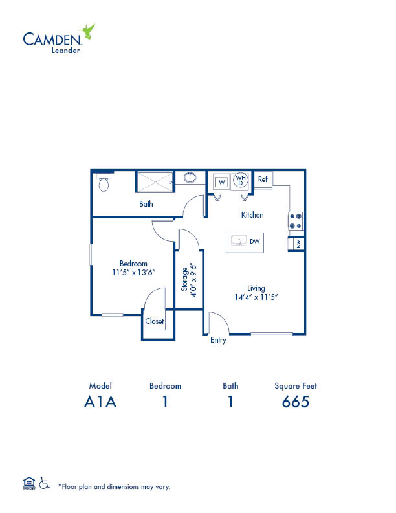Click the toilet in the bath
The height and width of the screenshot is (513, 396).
tap(104, 183)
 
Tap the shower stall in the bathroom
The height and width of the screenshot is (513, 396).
tap(155, 182)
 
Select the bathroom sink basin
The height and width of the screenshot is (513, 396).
tap(190, 177)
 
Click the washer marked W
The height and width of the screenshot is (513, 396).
tap(222, 182)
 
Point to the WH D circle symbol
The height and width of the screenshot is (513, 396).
tap(241, 180)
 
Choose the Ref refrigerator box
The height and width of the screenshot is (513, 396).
tap(263, 179)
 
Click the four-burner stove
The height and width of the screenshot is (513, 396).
tap(296, 221)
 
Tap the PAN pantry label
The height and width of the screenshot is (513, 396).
tap(298, 244)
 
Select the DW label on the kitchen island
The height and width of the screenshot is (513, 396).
tap(255, 242)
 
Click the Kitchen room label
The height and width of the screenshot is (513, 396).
tap(252, 215)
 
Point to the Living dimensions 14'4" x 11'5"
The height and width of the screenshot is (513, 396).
tap(256, 297)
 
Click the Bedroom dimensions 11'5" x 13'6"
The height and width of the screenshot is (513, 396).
tap(133, 273)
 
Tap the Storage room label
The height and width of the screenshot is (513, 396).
tap(184, 279)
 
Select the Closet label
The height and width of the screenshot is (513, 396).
tap(155, 321)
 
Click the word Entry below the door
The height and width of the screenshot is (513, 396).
tap(218, 340)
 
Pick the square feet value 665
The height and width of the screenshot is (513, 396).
tap(296, 402)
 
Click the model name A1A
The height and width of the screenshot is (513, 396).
tap(100, 402)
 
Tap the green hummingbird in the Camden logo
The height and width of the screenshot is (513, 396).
tap(87, 31)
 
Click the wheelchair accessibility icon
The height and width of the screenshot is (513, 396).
tap(44, 483)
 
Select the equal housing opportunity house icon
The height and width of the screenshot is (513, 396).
tap(29, 483)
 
